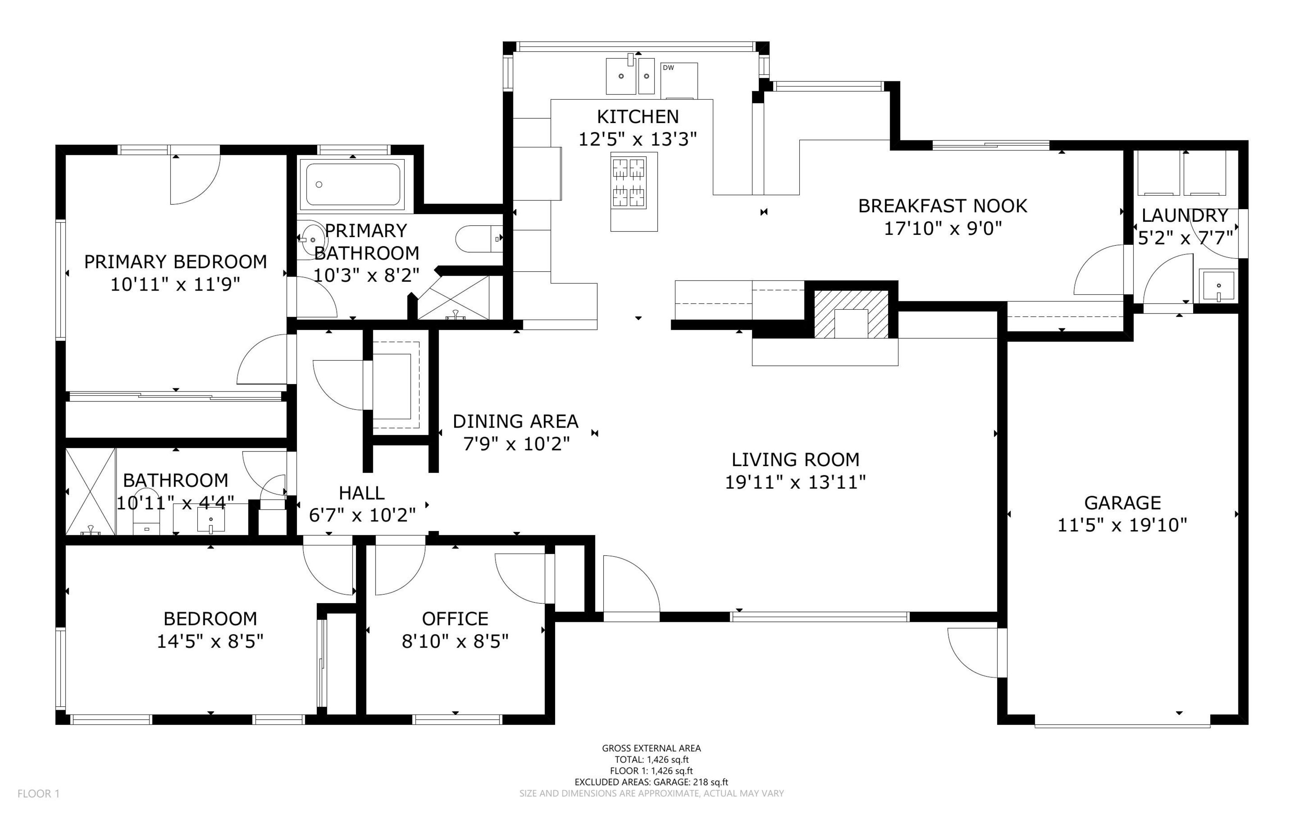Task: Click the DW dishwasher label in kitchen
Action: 668,68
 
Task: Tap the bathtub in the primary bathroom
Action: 354,184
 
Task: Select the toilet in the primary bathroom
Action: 477,238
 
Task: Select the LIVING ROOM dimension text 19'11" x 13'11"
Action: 795,482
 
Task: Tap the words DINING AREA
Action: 515,421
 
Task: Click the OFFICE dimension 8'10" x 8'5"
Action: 455,641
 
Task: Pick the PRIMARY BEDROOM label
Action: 175,261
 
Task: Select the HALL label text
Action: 361,493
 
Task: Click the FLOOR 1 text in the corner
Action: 38,793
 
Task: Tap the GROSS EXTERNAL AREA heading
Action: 651,748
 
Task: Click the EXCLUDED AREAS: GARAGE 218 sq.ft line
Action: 651,782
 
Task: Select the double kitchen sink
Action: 630,77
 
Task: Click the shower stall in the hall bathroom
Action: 90,491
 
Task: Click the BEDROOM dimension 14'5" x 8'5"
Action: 210,641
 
